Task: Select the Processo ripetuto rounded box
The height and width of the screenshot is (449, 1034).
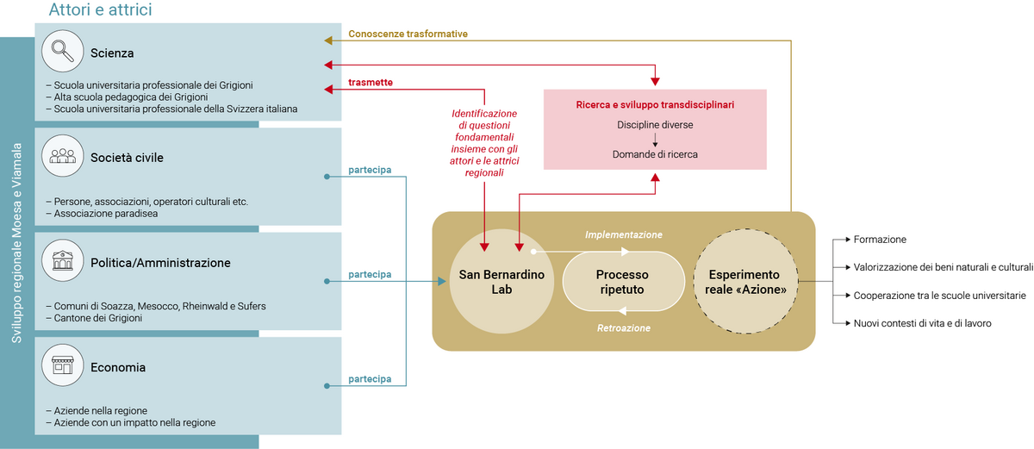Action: click(x=621, y=282)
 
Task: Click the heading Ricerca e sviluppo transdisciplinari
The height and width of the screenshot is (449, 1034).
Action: click(x=655, y=105)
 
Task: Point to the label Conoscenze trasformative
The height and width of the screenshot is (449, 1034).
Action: click(x=408, y=34)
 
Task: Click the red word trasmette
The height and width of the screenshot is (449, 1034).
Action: click(x=371, y=83)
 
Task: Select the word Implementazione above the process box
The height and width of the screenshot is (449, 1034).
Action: click(x=624, y=234)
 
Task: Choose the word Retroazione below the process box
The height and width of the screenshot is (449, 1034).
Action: click(x=624, y=328)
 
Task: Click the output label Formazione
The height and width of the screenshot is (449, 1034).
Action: click(x=880, y=240)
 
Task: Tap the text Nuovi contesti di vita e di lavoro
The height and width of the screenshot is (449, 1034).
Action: click(x=922, y=323)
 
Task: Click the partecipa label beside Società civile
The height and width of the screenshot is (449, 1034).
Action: click(x=370, y=170)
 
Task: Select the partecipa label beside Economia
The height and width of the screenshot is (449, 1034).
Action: click(x=370, y=379)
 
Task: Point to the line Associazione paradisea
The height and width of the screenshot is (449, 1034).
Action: click(x=106, y=214)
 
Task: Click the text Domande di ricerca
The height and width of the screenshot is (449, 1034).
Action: click(x=655, y=154)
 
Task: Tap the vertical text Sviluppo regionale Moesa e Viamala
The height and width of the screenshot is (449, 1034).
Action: click(x=17, y=243)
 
